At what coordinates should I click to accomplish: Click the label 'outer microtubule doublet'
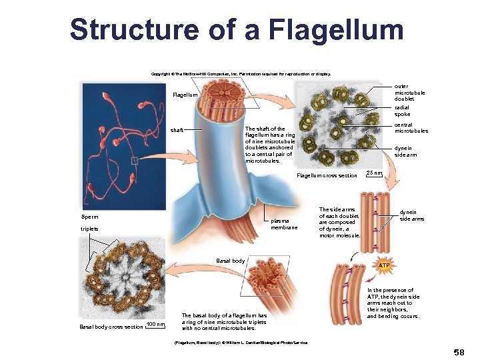pyautogui.click(x=409, y=93)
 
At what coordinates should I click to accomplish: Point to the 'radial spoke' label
pyautogui.click(x=402, y=111)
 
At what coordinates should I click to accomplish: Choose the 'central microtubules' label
pyautogui.click(x=411, y=128)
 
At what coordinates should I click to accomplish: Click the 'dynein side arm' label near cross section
pyautogui.click(x=406, y=152)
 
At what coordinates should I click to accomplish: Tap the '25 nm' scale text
pyautogui.click(x=375, y=173)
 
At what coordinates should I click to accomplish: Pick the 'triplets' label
pyautogui.click(x=89, y=229)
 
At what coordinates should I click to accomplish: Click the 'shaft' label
pyautogui.click(x=177, y=130)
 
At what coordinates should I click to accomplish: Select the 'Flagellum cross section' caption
pyautogui.click(x=327, y=176)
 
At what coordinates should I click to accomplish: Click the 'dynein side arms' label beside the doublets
pyautogui.click(x=411, y=215)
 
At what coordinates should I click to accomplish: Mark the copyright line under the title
pyautogui.click(x=241, y=74)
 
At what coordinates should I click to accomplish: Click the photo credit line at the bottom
pyautogui.click(x=240, y=343)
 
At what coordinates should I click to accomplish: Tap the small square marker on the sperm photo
pyautogui.click(x=135, y=160)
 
